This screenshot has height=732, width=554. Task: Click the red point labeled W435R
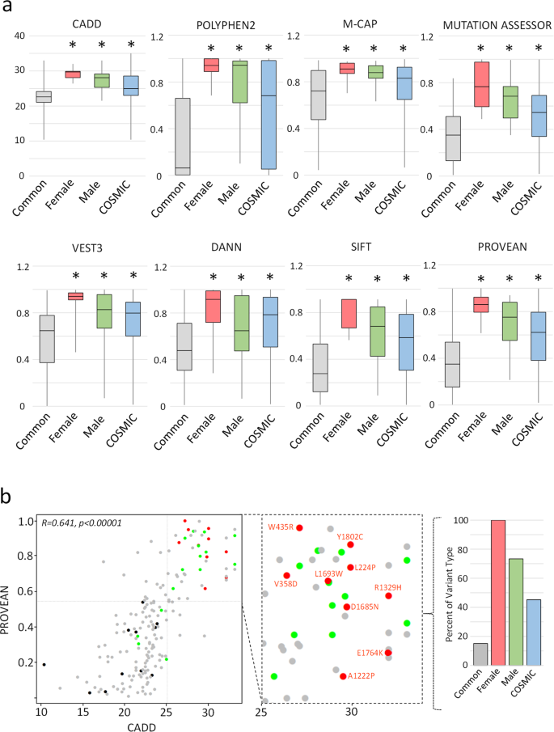click(x=299, y=527)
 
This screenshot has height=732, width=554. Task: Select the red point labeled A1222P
click(x=343, y=676)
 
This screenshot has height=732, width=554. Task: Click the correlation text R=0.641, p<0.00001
click(x=81, y=523)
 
